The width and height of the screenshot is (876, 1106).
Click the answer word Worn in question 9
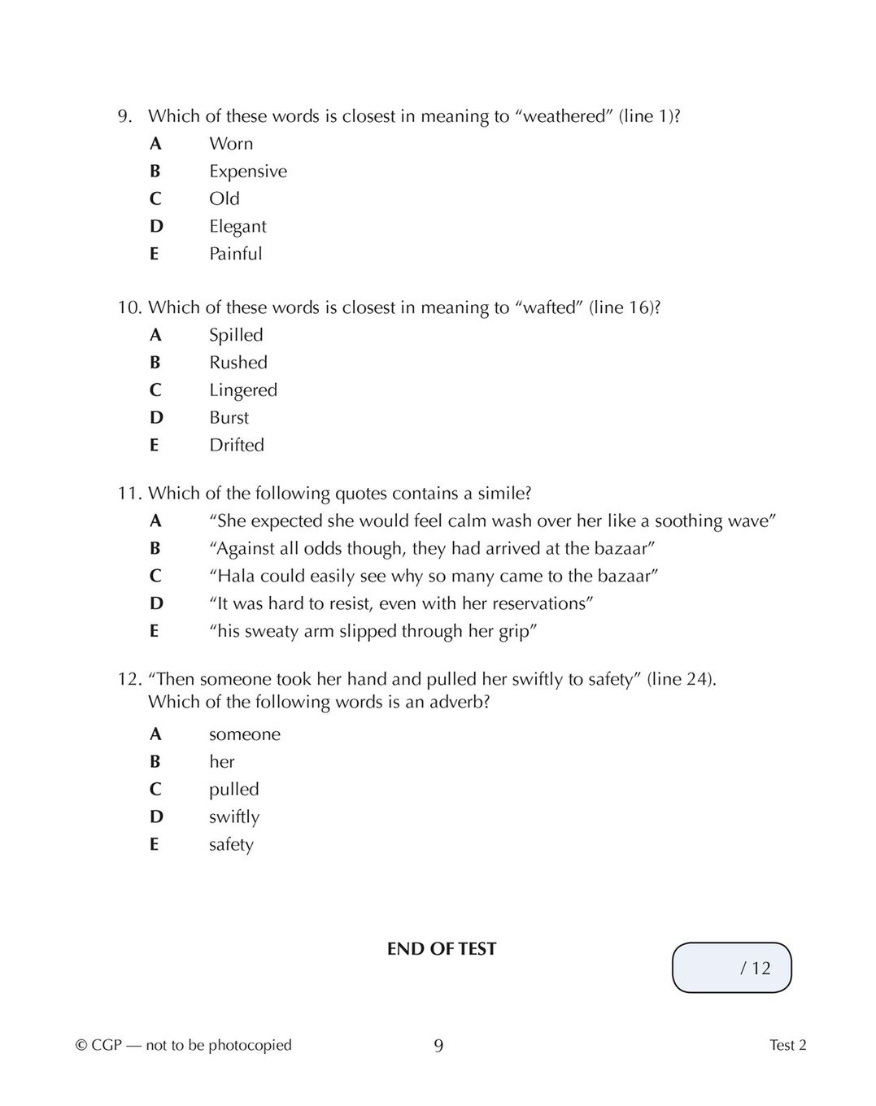click(x=231, y=144)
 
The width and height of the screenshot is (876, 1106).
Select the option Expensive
click(x=248, y=172)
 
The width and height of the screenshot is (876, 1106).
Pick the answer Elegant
click(x=238, y=226)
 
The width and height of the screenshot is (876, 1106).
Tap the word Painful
click(x=236, y=254)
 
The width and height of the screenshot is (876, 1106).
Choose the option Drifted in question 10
click(x=237, y=445)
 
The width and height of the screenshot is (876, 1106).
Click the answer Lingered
click(x=243, y=390)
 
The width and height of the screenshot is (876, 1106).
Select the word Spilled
click(x=236, y=335)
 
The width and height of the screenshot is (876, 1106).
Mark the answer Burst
click(x=229, y=418)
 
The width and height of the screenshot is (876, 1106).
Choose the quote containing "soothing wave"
click(x=493, y=521)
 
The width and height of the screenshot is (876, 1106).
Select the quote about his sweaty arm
click(x=374, y=631)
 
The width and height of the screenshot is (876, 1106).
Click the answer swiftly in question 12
click(x=234, y=817)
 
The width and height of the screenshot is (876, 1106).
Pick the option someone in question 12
click(x=245, y=734)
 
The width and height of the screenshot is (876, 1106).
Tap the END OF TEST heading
click(x=442, y=949)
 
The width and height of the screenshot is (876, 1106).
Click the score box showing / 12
click(x=732, y=968)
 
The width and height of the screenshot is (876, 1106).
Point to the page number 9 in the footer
click(x=438, y=1046)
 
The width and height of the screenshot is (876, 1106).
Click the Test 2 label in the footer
click(x=787, y=1046)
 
